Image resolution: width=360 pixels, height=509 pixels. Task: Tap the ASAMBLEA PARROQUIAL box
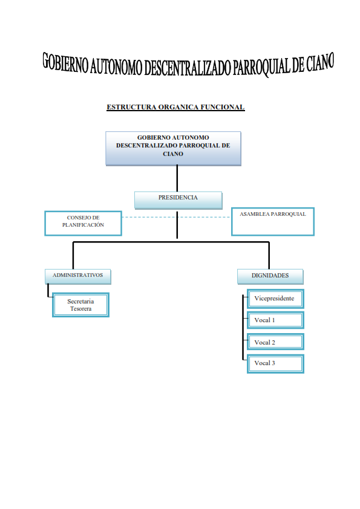[x=272, y=222]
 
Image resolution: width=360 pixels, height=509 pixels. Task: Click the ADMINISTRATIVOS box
[x=78, y=276]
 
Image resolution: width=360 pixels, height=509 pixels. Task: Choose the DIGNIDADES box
[x=270, y=276]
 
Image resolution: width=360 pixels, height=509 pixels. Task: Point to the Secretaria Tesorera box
[x=80, y=305]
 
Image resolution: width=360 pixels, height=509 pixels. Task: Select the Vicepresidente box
[x=275, y=299]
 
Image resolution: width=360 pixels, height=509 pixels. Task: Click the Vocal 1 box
[x=275, y=320]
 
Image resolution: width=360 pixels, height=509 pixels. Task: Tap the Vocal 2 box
[x=275, y=342]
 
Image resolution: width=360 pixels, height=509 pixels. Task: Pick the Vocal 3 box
[x=275, y=363]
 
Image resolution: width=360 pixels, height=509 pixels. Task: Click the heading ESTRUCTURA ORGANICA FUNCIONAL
[x=175, y=108]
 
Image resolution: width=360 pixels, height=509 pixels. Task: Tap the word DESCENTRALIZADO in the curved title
[x=187, y=68]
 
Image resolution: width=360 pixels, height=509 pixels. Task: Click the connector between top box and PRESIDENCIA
[x=177, y=178]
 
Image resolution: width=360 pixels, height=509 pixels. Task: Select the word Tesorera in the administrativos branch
[x=80, y=308]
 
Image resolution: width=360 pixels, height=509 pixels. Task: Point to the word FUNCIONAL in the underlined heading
[x=223, y=108]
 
